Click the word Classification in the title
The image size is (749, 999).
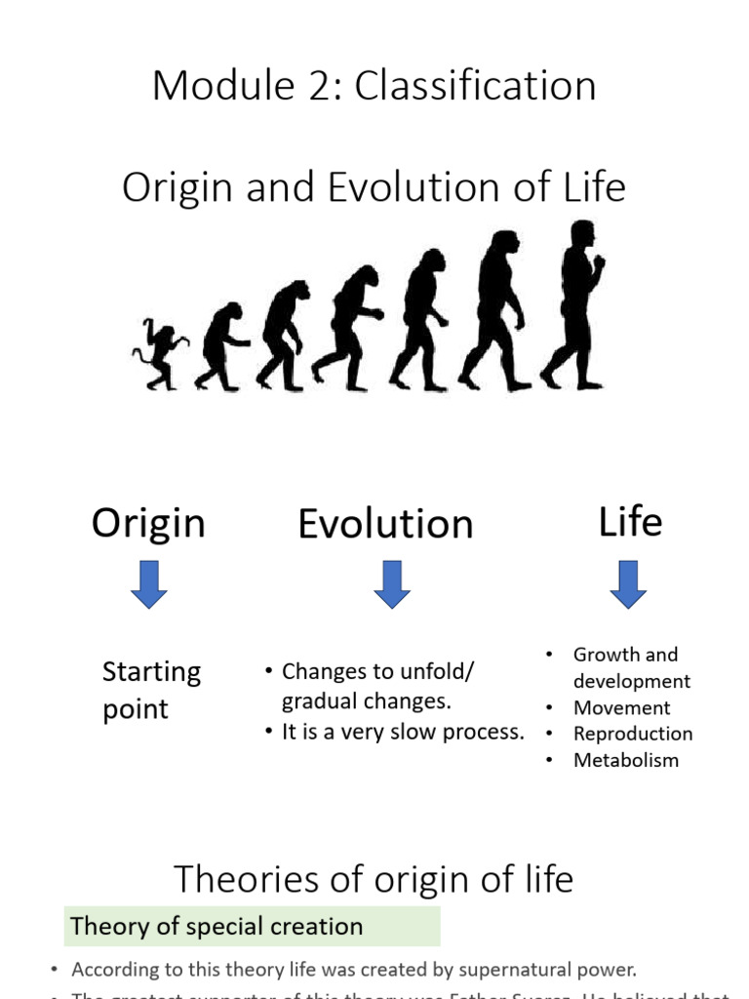pos(475,86)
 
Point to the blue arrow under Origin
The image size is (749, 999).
pos(149,584)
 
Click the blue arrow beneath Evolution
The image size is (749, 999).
pos(391,584)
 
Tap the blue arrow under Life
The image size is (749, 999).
pos(629,584)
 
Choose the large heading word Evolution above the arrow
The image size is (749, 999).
pos(385,524)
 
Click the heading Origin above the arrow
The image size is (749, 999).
pos(148,523)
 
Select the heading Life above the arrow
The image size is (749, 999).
pos(630,522)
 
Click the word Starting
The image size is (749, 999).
pos(151,672)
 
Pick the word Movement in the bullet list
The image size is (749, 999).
pos(621,708)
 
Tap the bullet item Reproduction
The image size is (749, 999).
pos(633,734)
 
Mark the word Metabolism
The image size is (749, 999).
pos(626,760)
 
